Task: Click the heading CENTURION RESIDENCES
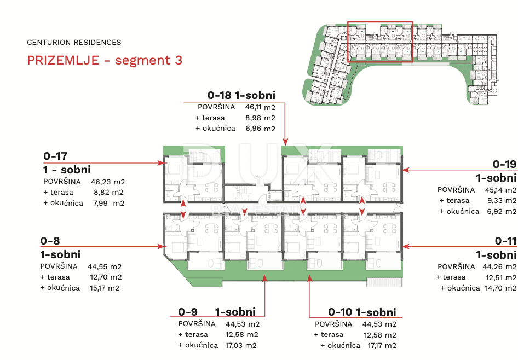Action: [x=74, y=43]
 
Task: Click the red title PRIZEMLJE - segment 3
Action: [x=105, y=60]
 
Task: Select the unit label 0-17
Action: [x=55, y=156]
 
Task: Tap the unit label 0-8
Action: [x=50, y=241]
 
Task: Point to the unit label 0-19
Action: [x=504, y=164]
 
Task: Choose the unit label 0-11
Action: [x=506, y=241]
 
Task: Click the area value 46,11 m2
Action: [x=260, y=107]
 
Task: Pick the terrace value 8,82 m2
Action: [x=108, y=193]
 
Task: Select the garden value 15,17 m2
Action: [x=105, y=288]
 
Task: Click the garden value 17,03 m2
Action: [x=241, y=345]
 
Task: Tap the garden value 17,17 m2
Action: [x=382, y=345]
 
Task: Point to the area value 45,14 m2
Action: [x=500, y=190]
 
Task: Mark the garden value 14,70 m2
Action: [x=500, y=288]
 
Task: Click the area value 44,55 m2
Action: [x=105, y=266]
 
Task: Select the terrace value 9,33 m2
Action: [x=502, y=201]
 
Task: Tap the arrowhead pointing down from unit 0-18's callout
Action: [x=285, y=142]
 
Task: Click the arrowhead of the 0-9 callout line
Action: [x=264, y=278]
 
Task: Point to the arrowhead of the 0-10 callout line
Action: [x=309, y=278]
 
